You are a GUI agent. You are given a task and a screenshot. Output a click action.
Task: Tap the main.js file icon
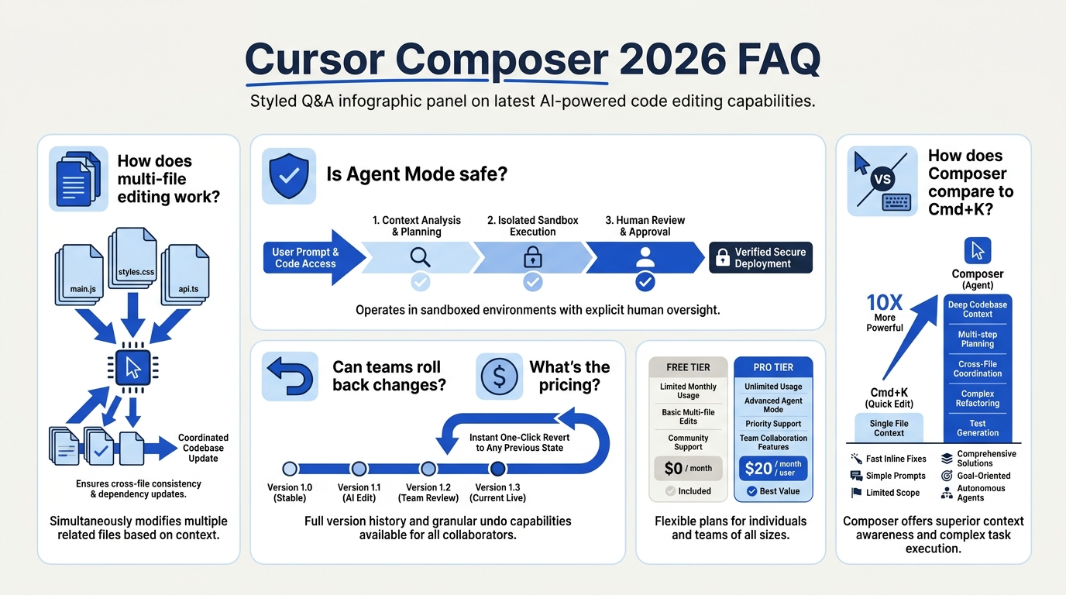tap(80, 274)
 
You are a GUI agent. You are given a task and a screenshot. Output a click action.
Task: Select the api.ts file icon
tap(185, 274)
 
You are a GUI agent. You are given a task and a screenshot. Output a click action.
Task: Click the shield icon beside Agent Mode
tap(289, 176)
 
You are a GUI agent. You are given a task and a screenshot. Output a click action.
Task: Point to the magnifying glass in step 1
tap(420, 257)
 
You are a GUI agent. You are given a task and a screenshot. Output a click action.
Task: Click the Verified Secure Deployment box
tap(761, 257)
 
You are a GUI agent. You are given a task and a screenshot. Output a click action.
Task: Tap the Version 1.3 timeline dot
tap(498, 469)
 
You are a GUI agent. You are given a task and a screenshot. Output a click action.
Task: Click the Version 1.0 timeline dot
tap(290, 469)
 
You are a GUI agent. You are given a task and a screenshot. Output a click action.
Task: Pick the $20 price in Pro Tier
tap(758, 469)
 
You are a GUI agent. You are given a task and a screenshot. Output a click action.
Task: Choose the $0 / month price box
tap(688, 469)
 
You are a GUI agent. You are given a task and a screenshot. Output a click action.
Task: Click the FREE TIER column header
tap(688, 367)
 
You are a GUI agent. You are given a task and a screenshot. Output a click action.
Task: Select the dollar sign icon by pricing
tap(499, 376)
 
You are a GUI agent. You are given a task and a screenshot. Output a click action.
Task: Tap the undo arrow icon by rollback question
tap(290, 377)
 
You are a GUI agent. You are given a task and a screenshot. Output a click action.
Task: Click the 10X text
tap(884, 303)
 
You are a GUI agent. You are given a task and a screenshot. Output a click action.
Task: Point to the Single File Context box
tap(889, 428)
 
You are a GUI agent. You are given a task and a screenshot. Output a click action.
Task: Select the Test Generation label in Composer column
tap(978, 428)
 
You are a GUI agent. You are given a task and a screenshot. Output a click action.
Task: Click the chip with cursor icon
tap(132, 368)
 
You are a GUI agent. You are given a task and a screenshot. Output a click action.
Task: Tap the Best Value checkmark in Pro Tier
tap(752, 491)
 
